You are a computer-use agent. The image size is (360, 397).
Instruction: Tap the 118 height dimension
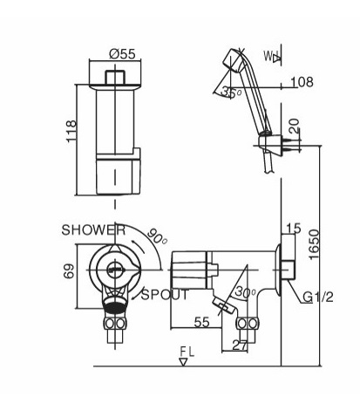[71, 131]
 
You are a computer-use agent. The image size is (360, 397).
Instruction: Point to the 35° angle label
[231, 92]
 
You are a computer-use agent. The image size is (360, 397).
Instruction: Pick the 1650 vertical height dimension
[324, 247]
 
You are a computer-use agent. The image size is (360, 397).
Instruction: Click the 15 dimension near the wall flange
[292, 229]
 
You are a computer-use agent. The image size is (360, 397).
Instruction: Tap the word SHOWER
[92, 230]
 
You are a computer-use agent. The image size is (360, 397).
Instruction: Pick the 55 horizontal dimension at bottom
[201, 322]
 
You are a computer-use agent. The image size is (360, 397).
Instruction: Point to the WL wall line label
[270, 58]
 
